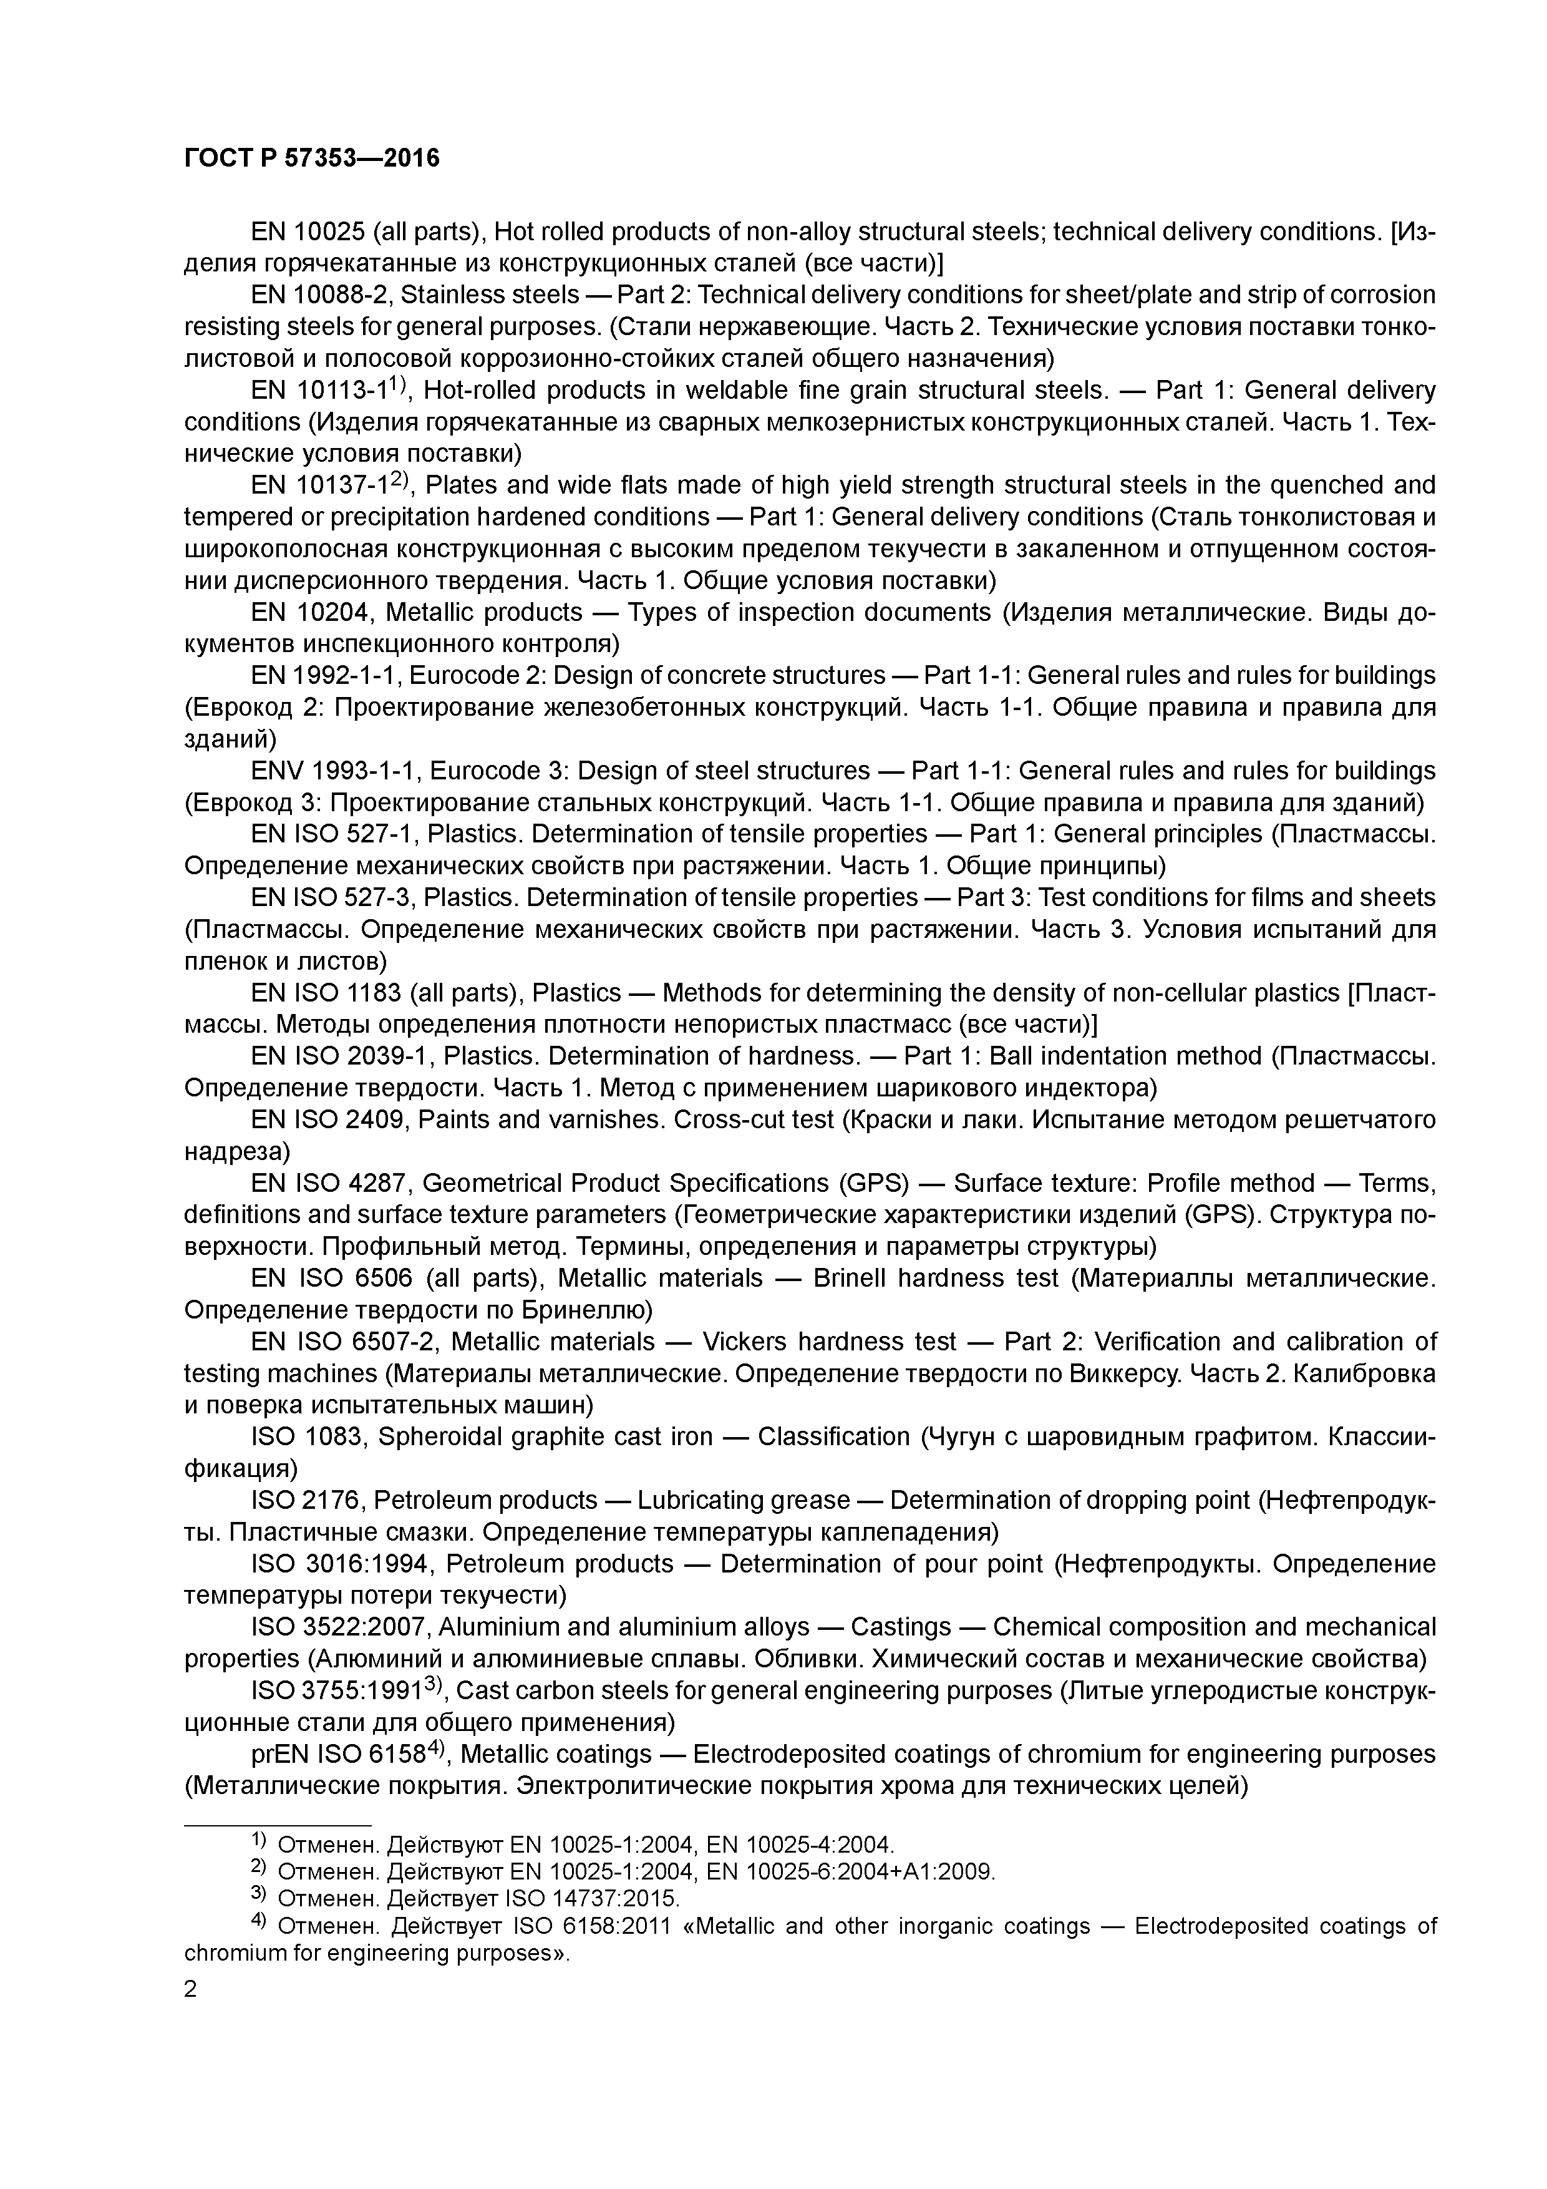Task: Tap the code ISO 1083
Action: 308,1437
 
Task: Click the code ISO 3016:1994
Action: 341,1564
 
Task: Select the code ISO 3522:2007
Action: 339,1627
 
